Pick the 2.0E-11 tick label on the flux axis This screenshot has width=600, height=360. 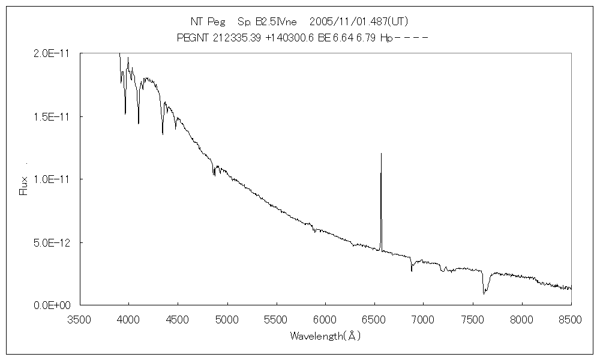[x=53, y=53]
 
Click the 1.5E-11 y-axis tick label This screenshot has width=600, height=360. [x=53, y=116]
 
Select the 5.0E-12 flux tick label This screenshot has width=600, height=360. [x=53, y=242]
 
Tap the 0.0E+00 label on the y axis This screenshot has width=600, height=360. [x=53, y=305]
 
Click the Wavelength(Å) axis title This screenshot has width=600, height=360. [x=325, y=336]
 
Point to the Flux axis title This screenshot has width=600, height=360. [x=24, y=185]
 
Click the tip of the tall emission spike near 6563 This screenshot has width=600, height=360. [x=381, y=154]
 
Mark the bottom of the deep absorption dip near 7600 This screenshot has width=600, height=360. [x=484, y=293]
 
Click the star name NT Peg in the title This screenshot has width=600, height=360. [x=208, y=22]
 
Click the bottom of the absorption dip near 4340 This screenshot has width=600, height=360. [x=163, y=133]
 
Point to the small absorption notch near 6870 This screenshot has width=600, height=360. [x=412, y=271]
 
